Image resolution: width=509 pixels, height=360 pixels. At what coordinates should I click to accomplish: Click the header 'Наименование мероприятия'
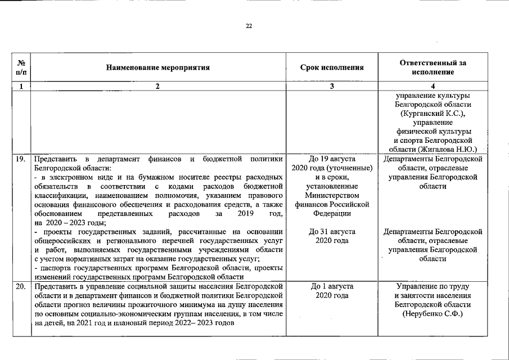[157, 67]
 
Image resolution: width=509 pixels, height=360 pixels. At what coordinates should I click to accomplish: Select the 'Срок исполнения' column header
[332, 67]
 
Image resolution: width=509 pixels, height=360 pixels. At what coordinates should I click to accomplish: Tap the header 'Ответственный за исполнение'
[433, 67]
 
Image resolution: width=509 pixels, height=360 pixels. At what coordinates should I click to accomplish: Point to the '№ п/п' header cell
[21, 67]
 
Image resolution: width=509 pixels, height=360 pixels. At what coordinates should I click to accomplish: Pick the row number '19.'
[20, 159]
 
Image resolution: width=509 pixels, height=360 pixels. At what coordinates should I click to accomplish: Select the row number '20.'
[20, 286]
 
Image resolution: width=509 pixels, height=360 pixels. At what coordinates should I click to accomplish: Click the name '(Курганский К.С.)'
[433, 114]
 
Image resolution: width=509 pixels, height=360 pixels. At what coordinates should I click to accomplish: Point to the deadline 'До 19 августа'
[332, 159]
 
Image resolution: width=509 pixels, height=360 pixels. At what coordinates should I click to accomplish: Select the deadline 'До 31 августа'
[332, 232]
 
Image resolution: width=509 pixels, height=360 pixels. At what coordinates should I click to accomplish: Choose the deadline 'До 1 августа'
[332, 286]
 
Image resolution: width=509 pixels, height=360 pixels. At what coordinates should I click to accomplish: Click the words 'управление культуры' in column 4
[433, 96]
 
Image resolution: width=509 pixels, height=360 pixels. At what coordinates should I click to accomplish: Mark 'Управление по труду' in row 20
[433, 286]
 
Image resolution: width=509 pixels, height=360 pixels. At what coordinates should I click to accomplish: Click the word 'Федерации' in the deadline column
[332, 214]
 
